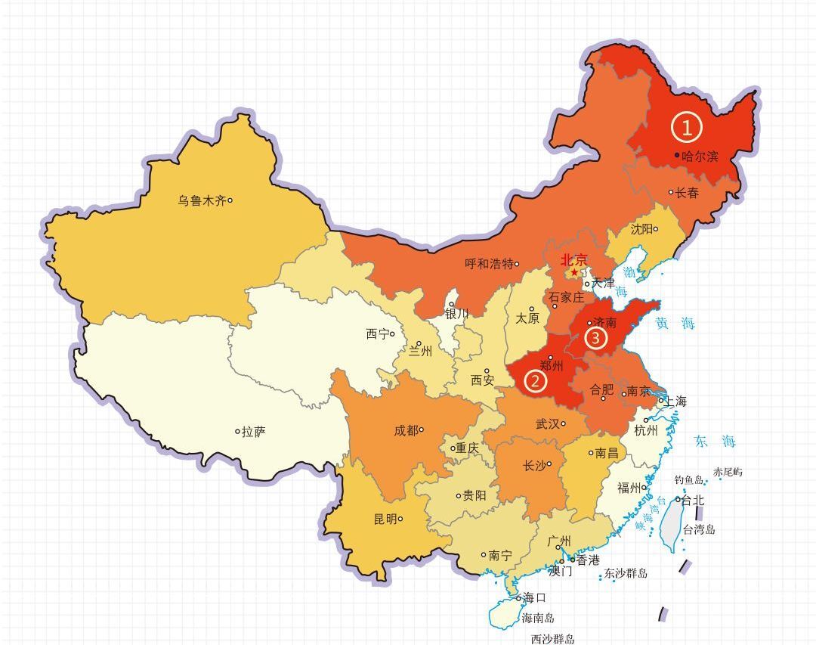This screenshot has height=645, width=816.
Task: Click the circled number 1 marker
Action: pos(687,128)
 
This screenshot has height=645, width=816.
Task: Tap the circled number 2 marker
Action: pos(536,380)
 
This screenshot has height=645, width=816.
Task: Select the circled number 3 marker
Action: pos(595,338)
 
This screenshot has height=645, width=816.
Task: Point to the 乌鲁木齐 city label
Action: pos(202,200)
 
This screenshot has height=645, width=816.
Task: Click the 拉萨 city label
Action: pos(254,432)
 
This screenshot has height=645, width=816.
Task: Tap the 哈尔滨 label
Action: pos(700,157)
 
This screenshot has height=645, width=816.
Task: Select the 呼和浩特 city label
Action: pos(488,264)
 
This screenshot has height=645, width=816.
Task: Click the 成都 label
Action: pos(406,430)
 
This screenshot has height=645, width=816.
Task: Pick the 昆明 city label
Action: pos(384,519)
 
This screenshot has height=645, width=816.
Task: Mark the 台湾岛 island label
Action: pos(699,529)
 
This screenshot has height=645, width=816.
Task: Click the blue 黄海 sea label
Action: pos(675,324)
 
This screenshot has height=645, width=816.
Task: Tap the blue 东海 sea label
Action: pos(715,442)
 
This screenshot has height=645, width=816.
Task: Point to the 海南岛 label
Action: pos(537,618)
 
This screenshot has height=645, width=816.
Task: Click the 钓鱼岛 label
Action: pos(688,479)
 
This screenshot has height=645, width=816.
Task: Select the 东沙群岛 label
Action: pos(626,573)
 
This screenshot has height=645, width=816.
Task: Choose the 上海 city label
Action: pos(675,401)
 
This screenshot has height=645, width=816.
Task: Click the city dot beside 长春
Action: pos(670,192)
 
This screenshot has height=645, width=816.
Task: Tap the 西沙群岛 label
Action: pos(552,639)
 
